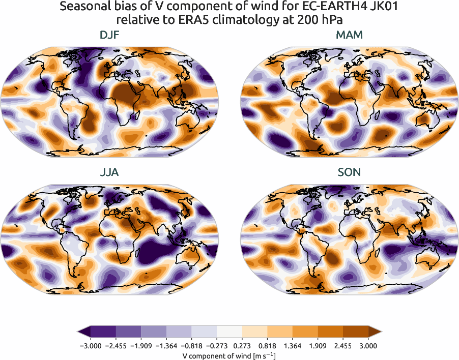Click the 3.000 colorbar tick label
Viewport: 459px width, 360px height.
click(368, 346)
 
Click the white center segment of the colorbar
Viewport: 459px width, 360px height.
click(229, 331)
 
